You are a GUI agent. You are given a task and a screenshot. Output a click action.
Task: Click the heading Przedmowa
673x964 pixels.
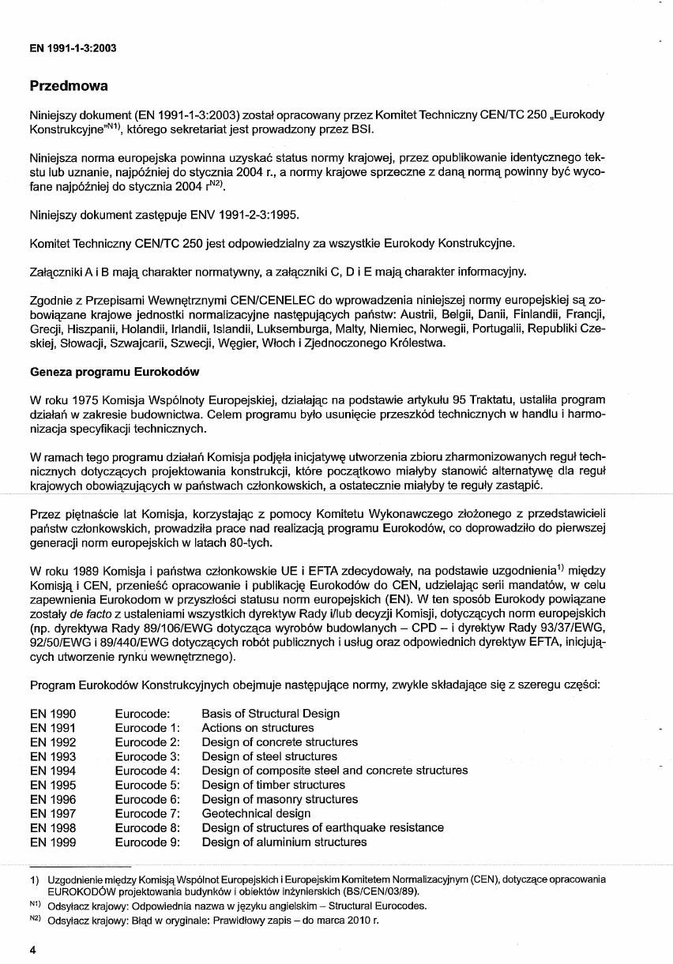click(69, 85)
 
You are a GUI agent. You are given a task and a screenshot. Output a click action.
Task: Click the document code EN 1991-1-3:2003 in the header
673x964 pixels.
click(73, 48)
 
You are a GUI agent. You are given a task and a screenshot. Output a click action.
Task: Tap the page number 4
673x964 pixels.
click(33, 950)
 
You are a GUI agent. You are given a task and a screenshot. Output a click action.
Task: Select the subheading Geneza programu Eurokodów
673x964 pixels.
click(114, 371)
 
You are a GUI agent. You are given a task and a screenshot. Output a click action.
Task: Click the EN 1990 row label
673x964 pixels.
click(53, 714)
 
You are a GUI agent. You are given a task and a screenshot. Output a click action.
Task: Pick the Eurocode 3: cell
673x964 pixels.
click(148, 756)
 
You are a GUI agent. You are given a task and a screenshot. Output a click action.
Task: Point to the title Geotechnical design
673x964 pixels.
click(256, 813)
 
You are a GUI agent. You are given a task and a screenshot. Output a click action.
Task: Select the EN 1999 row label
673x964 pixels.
click(53, 842)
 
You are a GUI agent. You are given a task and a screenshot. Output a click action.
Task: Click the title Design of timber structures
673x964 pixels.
click(273, 785)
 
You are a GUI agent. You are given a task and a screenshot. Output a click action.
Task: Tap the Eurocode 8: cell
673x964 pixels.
click(148, 827)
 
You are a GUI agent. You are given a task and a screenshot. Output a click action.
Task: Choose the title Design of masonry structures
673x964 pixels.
click(280, 799)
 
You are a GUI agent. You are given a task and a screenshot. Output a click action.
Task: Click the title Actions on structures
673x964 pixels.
click(258, 728)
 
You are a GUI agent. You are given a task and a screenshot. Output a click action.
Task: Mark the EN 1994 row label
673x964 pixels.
click(53, 771)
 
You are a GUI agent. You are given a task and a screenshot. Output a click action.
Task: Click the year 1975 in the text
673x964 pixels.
click(96, 400)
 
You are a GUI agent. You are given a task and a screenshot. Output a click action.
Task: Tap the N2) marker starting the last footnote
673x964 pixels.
click(35, 920)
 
